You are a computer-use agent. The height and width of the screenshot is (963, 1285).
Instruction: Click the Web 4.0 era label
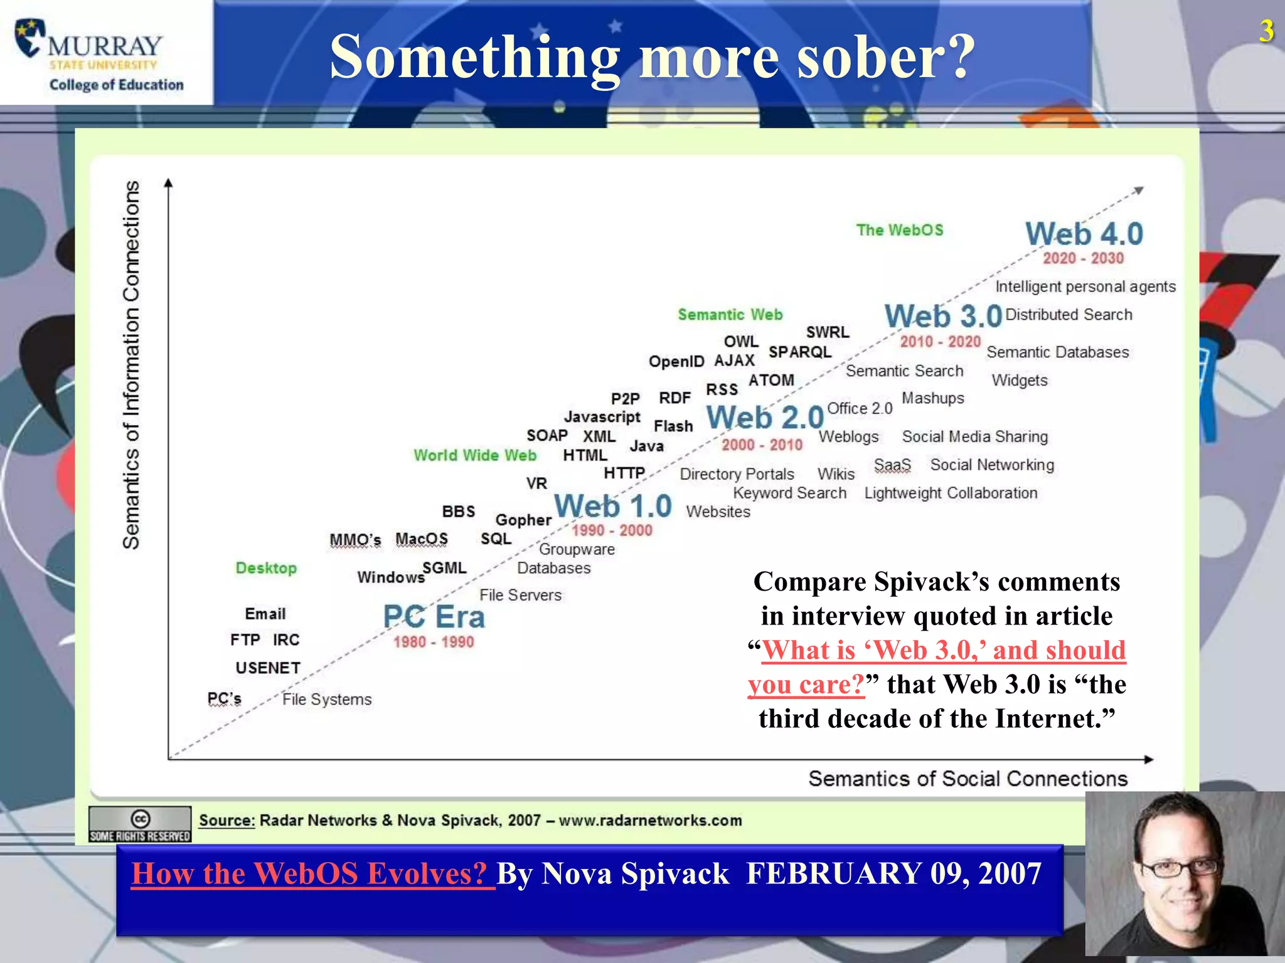1084,234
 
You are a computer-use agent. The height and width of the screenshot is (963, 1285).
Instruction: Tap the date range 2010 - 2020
940,342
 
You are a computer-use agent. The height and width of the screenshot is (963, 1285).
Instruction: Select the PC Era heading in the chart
434,617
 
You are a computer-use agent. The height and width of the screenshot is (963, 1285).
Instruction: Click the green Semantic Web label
730,314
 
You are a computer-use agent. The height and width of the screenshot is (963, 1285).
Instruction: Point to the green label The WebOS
900,230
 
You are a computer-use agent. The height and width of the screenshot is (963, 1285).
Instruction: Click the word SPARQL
800,352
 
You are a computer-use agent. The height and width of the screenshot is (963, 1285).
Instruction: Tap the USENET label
268,668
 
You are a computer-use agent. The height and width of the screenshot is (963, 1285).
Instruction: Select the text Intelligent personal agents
1085,287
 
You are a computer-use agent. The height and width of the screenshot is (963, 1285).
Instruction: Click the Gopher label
523,520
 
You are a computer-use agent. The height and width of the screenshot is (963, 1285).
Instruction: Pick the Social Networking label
992,465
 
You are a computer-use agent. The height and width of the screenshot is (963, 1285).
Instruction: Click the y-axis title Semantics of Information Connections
131,365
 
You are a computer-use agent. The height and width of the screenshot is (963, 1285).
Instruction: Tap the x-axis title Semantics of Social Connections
968,779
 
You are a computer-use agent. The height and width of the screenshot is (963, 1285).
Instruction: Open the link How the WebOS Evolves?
310,873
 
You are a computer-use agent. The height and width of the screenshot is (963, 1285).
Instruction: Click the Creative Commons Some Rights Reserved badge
140,824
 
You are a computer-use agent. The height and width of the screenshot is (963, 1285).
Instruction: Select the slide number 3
1266,31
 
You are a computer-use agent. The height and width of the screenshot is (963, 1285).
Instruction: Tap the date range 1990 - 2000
612,530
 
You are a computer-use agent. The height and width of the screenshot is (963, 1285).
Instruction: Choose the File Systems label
326,699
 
